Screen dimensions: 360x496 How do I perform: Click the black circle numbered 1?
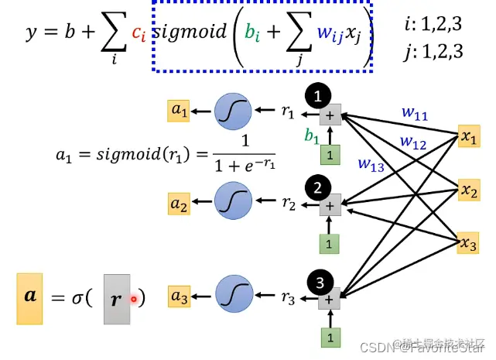pos(317,95)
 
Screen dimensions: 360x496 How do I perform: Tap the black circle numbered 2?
pos(317,187)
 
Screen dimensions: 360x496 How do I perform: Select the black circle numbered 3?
pos(316,279)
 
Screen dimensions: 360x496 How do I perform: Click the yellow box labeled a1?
pos(180,111)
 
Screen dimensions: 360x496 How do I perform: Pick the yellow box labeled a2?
pos(180,205)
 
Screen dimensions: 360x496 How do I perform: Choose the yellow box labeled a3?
pos(180,297)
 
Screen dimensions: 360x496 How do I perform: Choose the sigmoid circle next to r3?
pos(232,297)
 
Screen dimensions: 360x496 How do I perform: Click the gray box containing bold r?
pos(117,298)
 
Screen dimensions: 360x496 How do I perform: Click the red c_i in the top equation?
pos(139,33)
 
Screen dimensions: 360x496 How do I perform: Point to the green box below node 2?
pos(330,244)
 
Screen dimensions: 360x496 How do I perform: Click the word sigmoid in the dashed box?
pos(190,33)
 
